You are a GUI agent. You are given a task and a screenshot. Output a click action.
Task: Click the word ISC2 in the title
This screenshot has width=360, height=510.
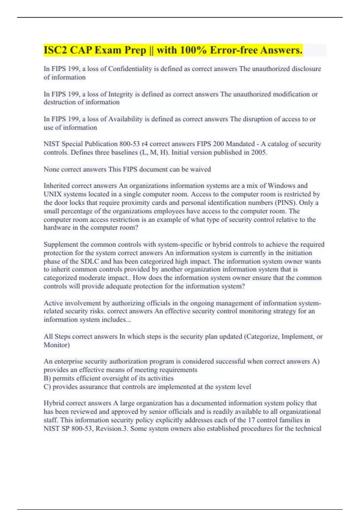point(55,50)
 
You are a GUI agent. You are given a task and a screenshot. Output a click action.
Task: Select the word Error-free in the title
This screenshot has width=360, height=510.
point(234,50)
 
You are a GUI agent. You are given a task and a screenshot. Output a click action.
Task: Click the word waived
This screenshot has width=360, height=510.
point(201,169)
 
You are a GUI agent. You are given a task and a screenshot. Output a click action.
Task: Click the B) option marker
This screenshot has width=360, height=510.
point(47,378)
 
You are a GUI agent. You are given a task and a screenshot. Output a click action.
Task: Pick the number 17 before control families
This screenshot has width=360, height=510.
point(251,420)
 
